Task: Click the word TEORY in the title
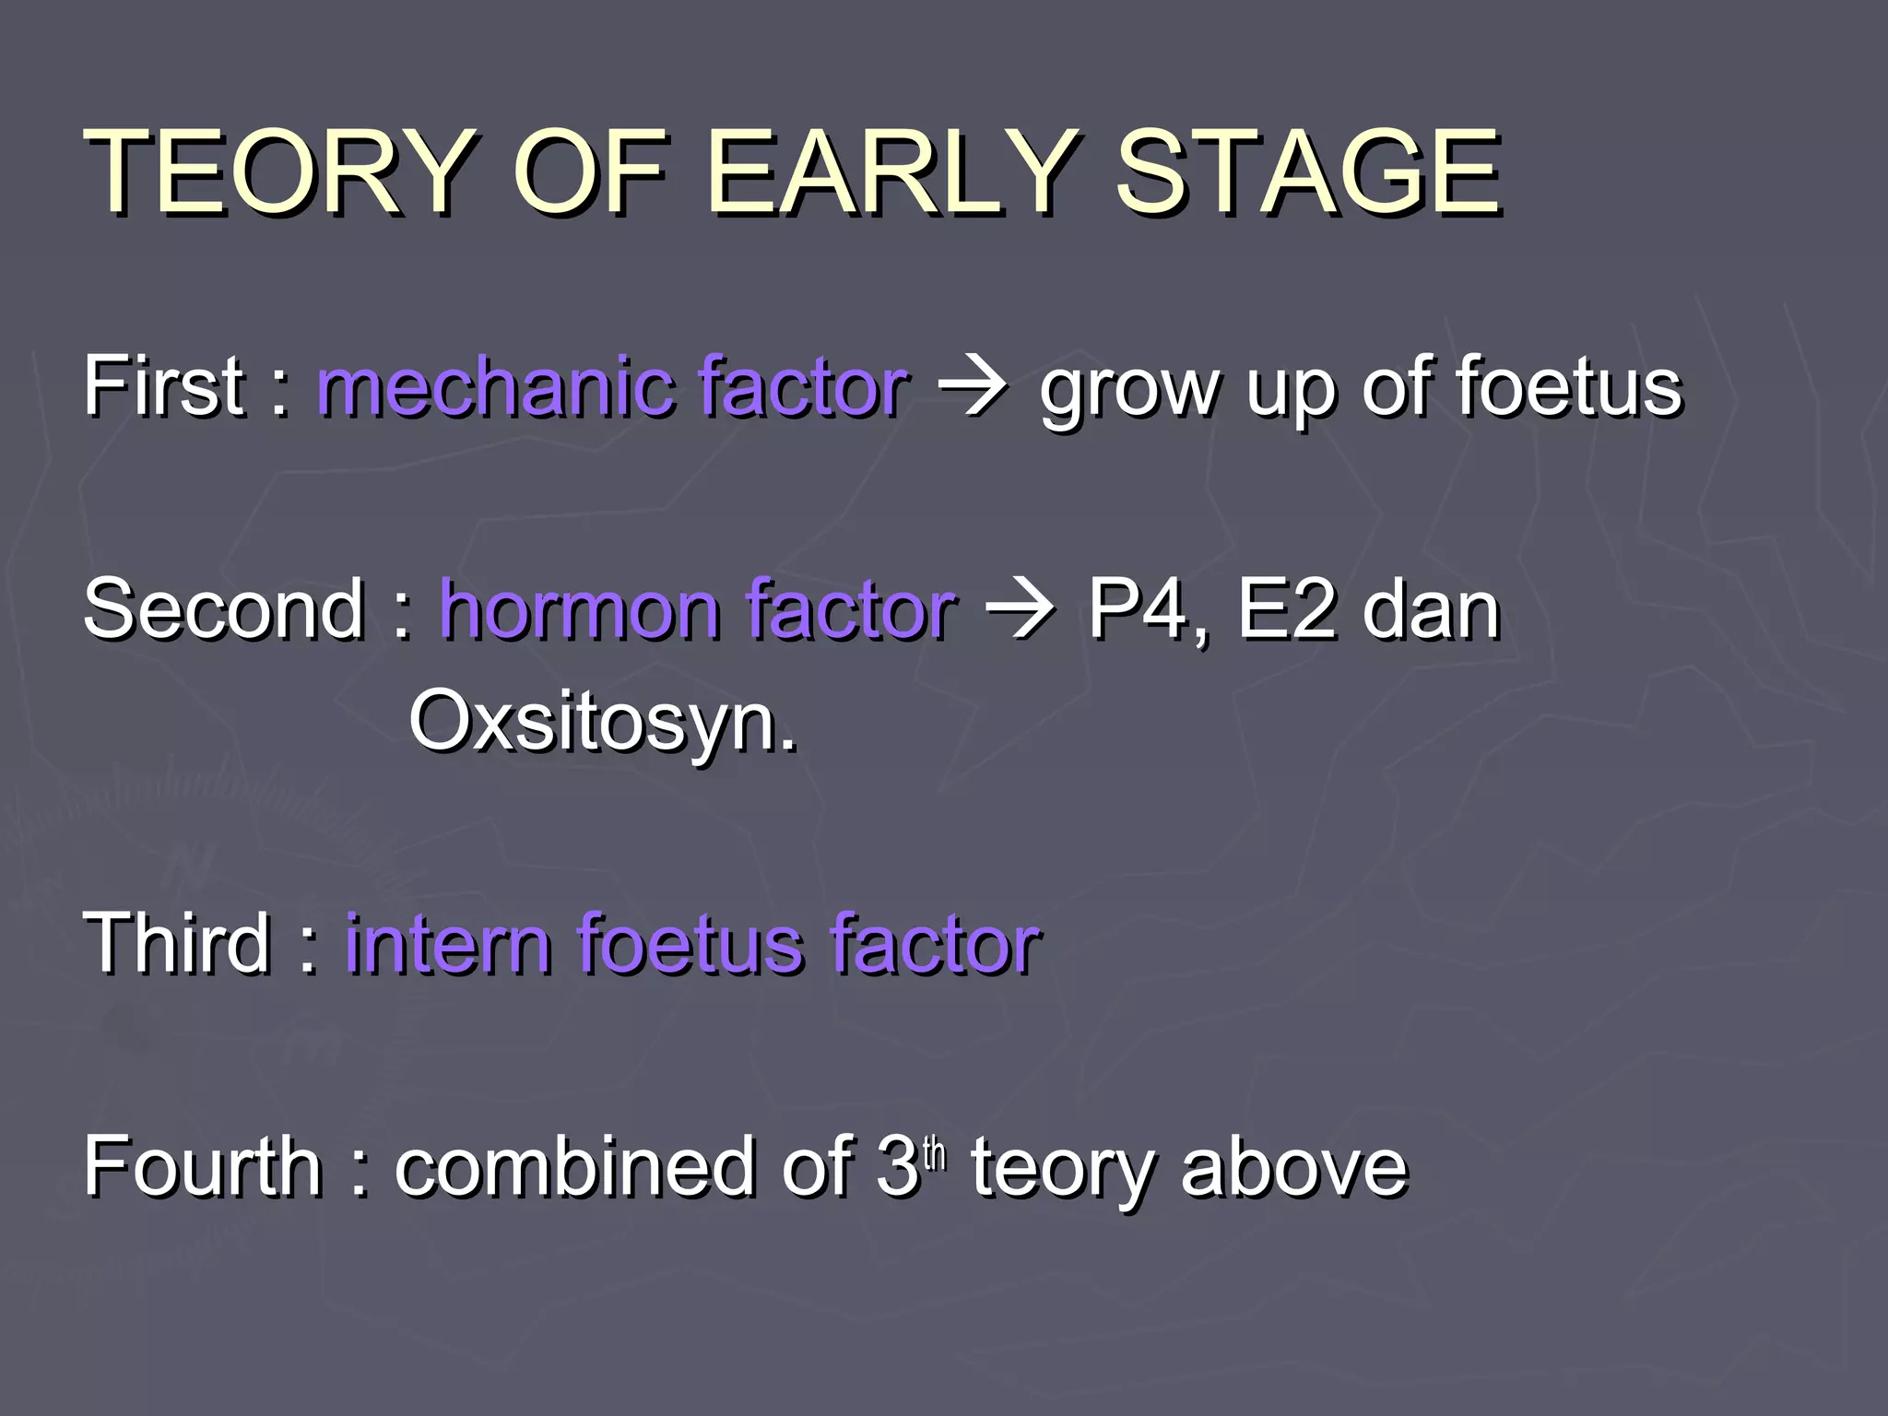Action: (x=277, y=172)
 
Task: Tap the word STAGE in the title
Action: (x=1307, y=172)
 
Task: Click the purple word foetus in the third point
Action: (x=690, y=944)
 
